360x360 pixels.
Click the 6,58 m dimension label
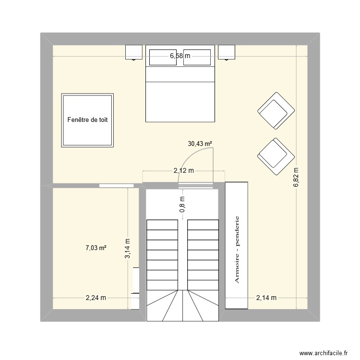(x=180, y=56)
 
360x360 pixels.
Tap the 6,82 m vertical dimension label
(x=296, y=177)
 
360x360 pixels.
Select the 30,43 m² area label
(x=200, y=144)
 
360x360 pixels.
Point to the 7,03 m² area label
(x=96, y=248)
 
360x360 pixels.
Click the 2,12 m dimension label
(x=184, y=170)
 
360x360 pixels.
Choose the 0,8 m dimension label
(x=182, y=204)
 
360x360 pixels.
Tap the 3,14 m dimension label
(x=127, y=249)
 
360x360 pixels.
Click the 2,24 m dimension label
(x=96, y=298)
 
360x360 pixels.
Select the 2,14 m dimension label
(x=266, y=298)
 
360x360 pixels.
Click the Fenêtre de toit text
(x=87, y=120)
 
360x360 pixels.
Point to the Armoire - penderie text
(x=237, y=249)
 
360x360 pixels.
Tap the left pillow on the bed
(x=163, y=57)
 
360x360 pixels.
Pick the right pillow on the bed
(x=197, y=57)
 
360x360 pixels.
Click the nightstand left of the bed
(x=134, y=52)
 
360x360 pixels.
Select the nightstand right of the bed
(x=227, y=52)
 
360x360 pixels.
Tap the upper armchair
(x=276, y=111)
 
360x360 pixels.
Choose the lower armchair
(x=276, y=156)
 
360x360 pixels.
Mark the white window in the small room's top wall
(x=117, y=185)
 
